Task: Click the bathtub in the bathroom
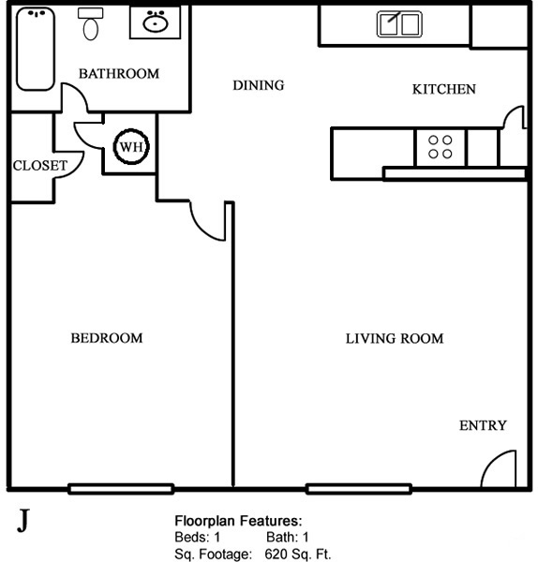point(36,49)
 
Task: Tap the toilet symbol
point(90,23)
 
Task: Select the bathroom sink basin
point(156,22)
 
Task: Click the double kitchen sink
point(399,24)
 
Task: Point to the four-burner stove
point(441,147)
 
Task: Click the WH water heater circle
point(131,146)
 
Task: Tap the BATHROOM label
point(119,73)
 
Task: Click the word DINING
point(259,85)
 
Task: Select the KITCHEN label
point(444,89)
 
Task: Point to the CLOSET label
point(40,166)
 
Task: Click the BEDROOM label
point(107,338)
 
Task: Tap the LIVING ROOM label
point(395,339)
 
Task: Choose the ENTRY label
point(483,425)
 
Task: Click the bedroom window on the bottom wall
point(121,489)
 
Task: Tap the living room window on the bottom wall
point(359,489)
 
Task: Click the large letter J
point(22,521)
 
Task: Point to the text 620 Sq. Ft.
point(298,555)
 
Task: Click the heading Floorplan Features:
point(238,521)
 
